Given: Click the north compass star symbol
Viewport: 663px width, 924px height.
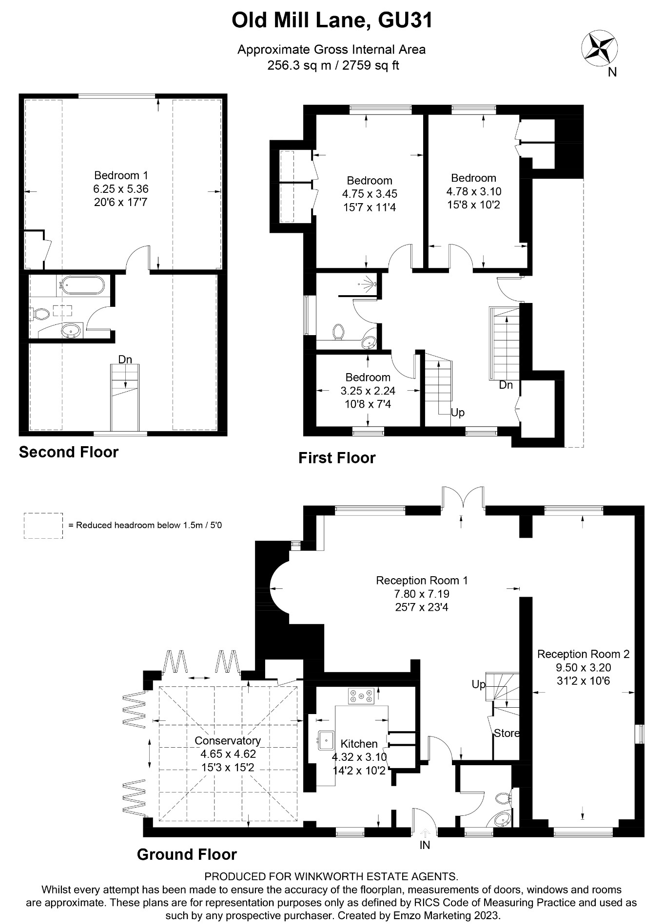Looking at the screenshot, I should coord(599,48).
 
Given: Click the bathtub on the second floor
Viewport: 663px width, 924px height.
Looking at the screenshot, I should coord(81,285).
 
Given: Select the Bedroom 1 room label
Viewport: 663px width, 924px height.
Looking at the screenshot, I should coord(121,175).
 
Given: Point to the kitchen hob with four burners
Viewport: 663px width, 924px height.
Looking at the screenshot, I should coord(361,696).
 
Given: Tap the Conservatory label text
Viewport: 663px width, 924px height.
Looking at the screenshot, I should coord(228,740).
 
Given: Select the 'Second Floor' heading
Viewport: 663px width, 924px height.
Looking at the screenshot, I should coord(68,452).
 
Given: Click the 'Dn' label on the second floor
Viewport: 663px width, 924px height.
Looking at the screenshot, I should coord(125,359).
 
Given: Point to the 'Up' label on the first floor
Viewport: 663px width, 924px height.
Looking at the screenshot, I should coord(457,413).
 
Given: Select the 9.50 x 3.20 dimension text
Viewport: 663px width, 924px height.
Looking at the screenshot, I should coord(583,667).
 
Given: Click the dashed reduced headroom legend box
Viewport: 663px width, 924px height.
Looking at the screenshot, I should coord(43,526).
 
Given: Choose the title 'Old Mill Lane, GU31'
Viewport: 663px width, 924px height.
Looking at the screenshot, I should coord(331,21).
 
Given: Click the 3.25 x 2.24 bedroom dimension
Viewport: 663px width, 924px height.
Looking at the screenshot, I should coord(368,391).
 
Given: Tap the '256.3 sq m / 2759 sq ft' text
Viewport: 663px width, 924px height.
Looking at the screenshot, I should coord(332,65).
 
